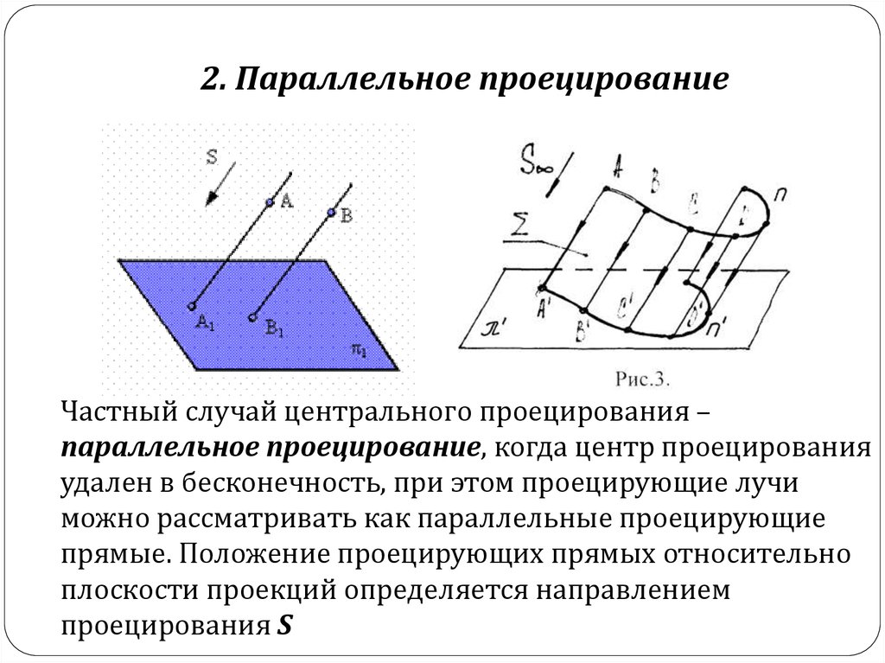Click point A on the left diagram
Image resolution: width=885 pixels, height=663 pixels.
click(269, 202)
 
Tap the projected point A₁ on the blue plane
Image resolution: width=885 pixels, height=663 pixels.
click(191, 305)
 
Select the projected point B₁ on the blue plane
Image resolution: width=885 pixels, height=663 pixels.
click(252, 317)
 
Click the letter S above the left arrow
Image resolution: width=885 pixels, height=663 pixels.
click(213, 156)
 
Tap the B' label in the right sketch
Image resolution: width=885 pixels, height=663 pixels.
click(583, 328)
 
